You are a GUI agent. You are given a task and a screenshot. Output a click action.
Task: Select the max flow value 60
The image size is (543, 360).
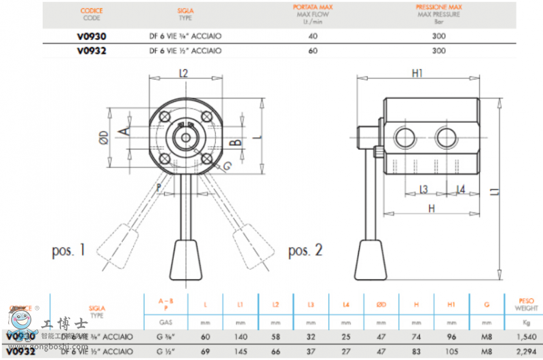[x=313, y=50]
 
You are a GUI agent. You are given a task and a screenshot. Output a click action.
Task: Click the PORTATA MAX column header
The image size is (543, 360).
[x=313, y=8]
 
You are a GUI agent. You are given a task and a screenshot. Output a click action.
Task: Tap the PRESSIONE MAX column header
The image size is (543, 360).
[x=438, y=8]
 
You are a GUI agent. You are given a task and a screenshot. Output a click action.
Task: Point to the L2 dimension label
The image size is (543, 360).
[x=183, y=73]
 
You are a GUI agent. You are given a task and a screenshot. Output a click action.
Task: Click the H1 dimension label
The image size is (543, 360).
[x=417, y=73]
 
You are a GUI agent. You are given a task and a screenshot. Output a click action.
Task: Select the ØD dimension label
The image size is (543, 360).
[x=104, y=137]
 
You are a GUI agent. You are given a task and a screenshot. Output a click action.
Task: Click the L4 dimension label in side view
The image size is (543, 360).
[x=461, y=189]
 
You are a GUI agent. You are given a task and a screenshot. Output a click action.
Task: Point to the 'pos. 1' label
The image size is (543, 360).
[x=69, y=251]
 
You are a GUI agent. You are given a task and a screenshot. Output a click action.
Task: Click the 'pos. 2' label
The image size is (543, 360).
[x=305, y=251]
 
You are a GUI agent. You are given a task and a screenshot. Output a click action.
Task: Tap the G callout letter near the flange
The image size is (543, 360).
[x=227, y=166]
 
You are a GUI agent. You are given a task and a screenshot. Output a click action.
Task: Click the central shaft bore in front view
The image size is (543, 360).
[x=183, y=137]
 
